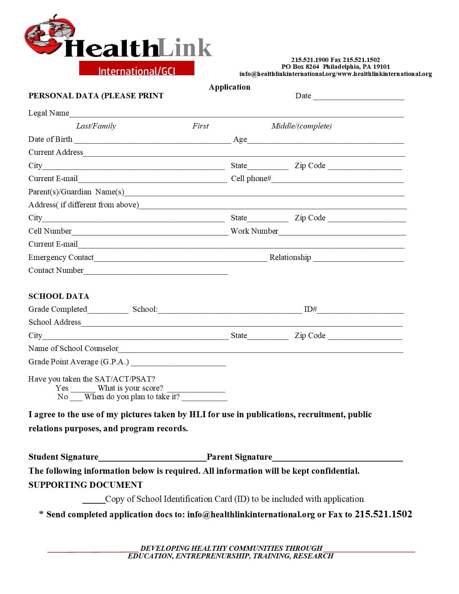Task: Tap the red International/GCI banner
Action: click(137, 68)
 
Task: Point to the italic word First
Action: click(201, 126)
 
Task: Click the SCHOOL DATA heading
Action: click(59, 296)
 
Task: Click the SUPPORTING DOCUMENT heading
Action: click(85, 485)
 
